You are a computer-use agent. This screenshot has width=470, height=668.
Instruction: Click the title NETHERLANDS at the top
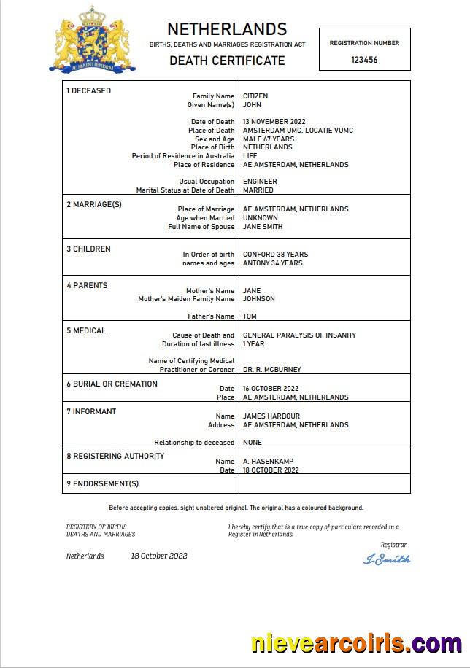[227, 29]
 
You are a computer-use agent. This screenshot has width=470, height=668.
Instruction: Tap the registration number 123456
[364, 60]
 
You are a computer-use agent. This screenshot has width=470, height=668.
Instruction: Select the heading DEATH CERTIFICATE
[227, 61]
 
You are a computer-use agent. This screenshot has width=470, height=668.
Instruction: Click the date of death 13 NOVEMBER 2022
[274, 122]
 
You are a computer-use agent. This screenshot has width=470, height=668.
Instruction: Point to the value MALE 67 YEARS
[269, 139]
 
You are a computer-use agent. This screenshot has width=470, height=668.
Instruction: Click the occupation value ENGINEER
[260, 182]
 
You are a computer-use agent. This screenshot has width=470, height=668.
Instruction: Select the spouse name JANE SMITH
[263, 227]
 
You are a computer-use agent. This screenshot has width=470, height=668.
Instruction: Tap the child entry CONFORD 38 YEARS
[275, 255]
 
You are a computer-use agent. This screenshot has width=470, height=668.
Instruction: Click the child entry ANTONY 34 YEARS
[272, 263]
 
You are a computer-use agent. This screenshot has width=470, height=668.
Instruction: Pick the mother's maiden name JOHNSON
[259, 299]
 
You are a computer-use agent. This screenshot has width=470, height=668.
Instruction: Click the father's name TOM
[250, 316]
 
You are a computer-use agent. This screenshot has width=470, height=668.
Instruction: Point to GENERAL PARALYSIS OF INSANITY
[299, 335]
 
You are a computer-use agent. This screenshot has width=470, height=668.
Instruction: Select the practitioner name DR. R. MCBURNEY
[271, 370]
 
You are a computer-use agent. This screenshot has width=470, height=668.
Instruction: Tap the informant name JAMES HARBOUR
[271, 416]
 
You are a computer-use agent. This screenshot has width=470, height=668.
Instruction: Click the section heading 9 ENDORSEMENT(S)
[102, 483]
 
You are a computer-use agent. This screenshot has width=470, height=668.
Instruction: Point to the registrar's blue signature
[386, 559]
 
